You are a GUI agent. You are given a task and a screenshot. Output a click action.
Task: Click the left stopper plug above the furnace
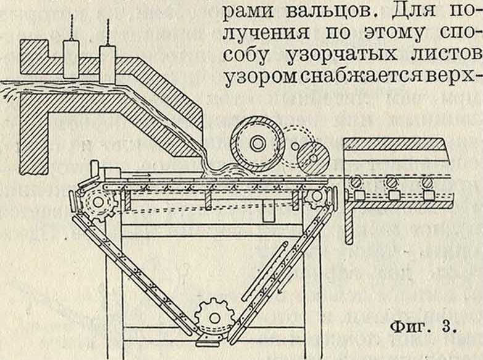pos(71,59)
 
